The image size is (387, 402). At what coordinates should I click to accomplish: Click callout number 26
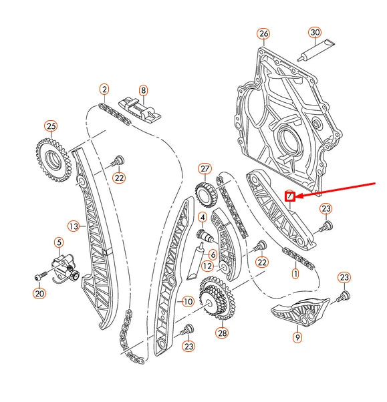[263, 33]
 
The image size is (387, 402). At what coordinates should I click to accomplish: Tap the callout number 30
[315, 32]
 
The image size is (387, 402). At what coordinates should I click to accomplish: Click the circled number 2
[104, 89]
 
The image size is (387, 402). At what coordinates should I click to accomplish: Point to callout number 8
[142, 89]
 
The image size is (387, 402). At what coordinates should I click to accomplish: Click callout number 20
[39, 293]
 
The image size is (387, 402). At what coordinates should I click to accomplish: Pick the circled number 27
[205, 169]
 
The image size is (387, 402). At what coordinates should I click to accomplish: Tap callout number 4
[202, 217]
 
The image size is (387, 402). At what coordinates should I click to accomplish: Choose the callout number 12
[209, 266]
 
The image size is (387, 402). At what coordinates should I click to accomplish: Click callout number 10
[188, 301]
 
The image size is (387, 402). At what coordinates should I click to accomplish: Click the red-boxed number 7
[290, 196]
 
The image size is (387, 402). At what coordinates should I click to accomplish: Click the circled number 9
[297, 337]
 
